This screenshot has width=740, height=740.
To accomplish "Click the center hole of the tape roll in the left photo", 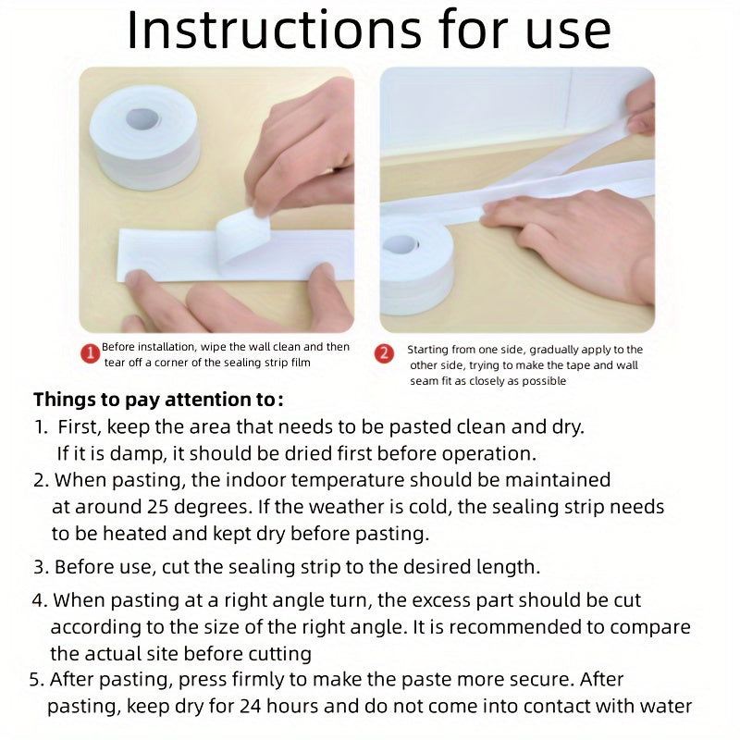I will pyautogui.click(x=143, y=118).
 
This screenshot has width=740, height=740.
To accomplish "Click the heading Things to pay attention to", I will pyautogui.click(x=158, y=401).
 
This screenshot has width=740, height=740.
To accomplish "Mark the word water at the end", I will pyautogui.click(x=664, y=707).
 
